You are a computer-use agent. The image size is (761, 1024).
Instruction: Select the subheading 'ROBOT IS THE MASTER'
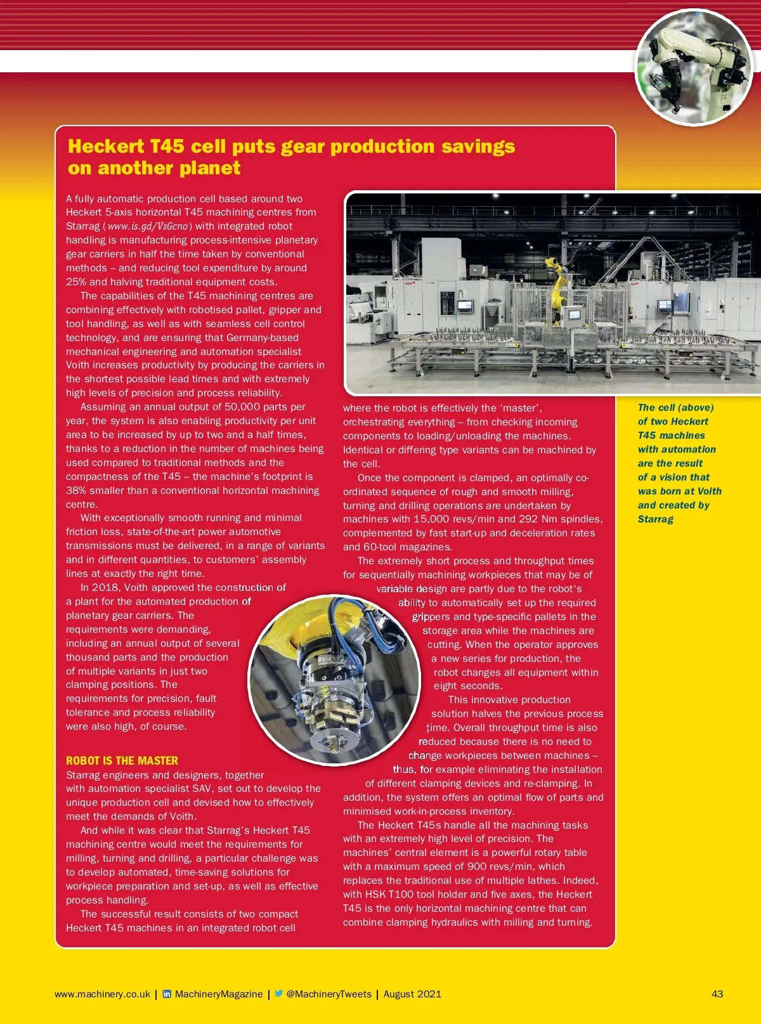click(x=122, y=760)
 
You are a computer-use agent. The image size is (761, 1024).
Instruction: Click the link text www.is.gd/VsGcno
click(x=147, y=226)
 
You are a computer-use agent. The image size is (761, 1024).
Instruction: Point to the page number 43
click(x=717, y=994)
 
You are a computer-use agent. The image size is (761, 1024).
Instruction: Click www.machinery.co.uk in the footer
click(x=103, y=994)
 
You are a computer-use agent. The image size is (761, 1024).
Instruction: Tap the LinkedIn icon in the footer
click(x=167, y=994)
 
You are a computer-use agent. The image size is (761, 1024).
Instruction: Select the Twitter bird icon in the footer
click(x=278, y=994)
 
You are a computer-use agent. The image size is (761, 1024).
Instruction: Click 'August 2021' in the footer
click(x=412, y=994)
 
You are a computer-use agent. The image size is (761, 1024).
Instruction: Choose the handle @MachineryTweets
click(x=328, y=994)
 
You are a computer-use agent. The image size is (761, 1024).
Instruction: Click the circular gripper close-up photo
click(x=334, y=680)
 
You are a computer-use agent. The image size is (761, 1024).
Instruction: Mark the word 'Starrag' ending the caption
click(x=655, y=519)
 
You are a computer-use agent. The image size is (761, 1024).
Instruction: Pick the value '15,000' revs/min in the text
click(x=431, y=519)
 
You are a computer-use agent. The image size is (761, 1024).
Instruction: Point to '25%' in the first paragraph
click(x=76, y=282)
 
